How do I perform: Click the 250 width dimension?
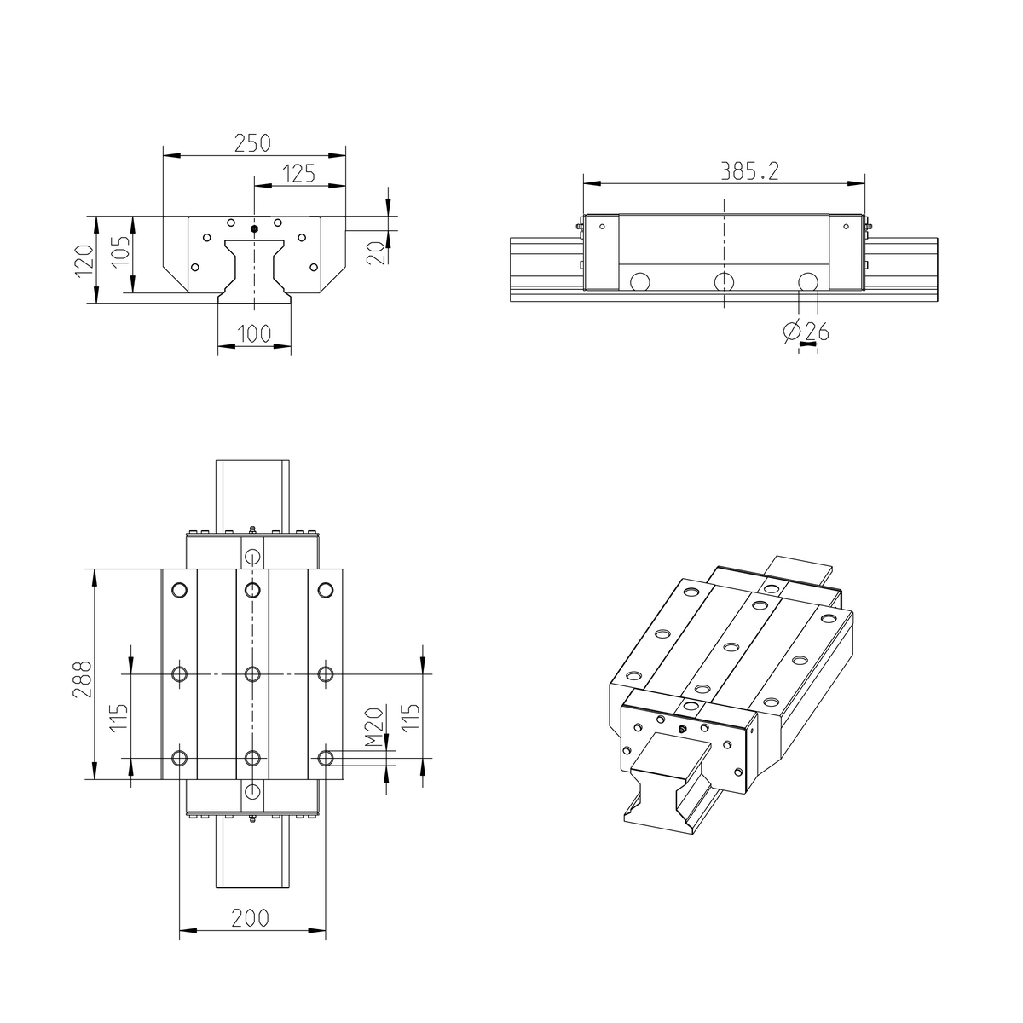[x=252, y=143]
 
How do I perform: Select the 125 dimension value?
[x=298, y=174]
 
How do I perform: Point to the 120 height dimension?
[x=82, y=260]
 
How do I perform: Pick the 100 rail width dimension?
[x=254, y=333]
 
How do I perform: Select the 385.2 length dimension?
[x=750, y=171]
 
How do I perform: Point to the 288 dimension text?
[x=80, y=679]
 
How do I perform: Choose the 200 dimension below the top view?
[x=251, y=918]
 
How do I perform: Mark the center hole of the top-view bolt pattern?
[x=251, y=674]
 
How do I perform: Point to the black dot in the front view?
[x=254, y=228]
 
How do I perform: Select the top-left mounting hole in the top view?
[x=179, y=590]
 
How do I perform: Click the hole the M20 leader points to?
[x=325, y=757]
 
